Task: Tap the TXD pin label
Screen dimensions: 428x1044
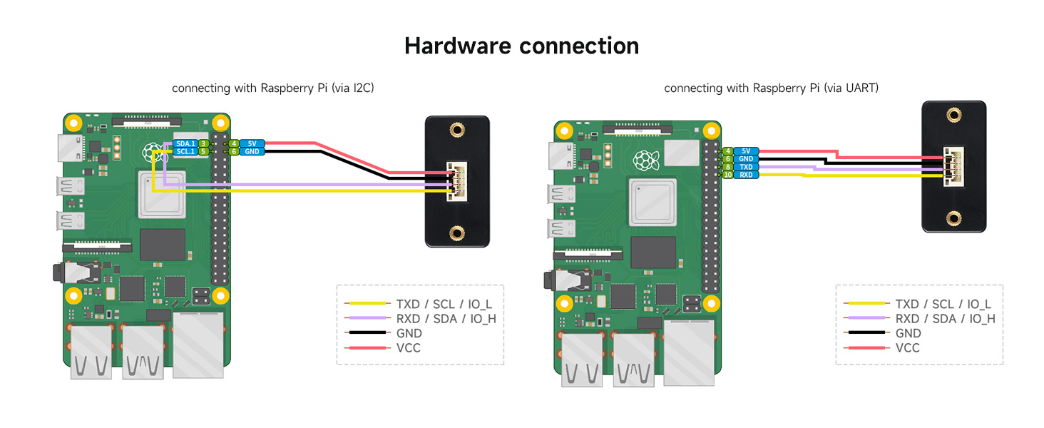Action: (x=746, y=166)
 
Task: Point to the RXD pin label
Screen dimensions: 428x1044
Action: (x=746, y=175)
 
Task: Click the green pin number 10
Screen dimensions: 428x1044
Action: (x=727, y=175)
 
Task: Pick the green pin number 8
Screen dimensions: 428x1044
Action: (x=727, y=166)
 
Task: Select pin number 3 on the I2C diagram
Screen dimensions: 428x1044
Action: (x=203, y=143)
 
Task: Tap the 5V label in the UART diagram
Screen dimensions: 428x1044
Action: (x=746, y=151)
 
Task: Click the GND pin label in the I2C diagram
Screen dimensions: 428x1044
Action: (x=252, y=151)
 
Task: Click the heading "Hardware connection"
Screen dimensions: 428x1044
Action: (x=521, y=46)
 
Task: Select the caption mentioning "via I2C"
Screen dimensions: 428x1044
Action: (x=273, y=88)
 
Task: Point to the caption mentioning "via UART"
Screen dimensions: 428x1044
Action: (x=771, y=88)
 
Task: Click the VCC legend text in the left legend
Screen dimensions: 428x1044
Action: (x=409, y=348)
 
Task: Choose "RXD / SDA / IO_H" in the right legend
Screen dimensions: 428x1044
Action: (x=945, y=318)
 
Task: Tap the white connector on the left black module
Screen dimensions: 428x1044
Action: (x=454, y=183)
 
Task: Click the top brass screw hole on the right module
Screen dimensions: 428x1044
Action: (x=952, y=114)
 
